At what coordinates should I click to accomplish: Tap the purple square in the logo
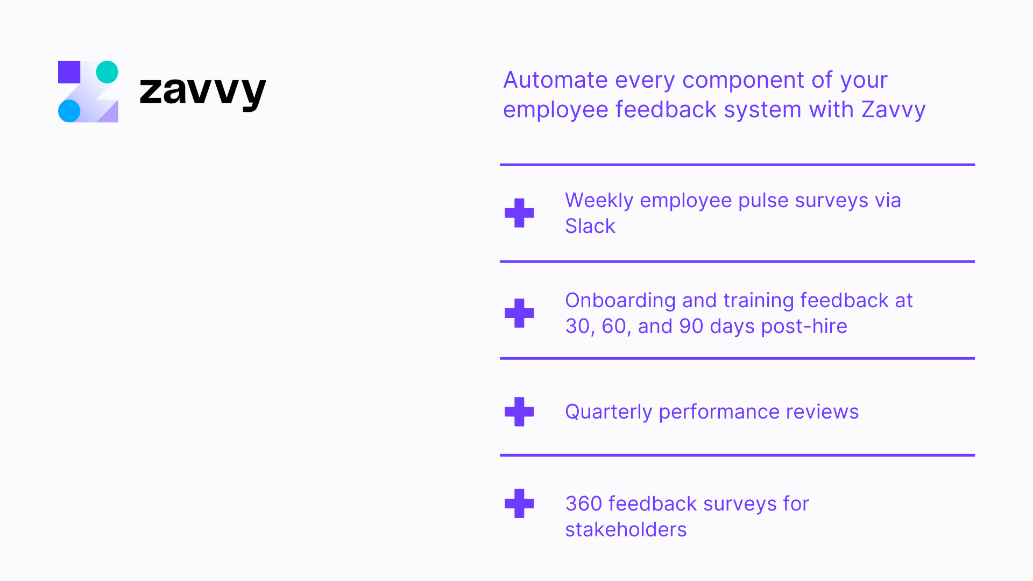(69, 72)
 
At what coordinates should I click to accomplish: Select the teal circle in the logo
(107, 72)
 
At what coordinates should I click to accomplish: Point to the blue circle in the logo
(69, 111)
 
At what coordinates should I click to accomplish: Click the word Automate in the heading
(555, 80)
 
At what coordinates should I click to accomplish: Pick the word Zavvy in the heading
(893, 110)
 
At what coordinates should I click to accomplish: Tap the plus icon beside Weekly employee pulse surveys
(519, 213)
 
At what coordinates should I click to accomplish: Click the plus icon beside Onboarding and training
(519, 313)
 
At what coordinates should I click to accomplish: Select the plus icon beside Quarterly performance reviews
(519, 412)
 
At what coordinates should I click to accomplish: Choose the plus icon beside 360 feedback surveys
(519, 504)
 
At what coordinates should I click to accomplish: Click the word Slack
(590, 226)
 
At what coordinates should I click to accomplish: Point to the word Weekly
(599, 201)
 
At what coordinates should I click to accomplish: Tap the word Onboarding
(620, 301)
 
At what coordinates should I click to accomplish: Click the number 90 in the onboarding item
(691, 327)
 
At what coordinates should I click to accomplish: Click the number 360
(583, 504)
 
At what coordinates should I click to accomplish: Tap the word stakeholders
(626, 530)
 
